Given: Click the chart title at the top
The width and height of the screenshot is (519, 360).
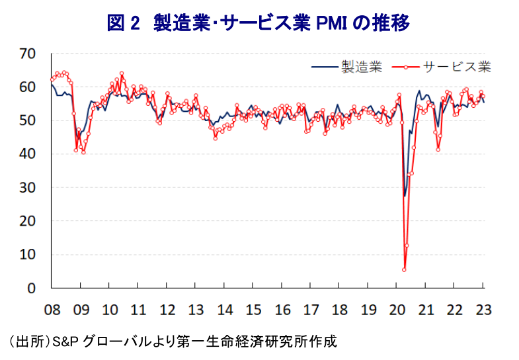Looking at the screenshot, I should coord(259,23).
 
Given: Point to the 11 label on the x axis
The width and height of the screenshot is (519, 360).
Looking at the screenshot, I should coord(138,309).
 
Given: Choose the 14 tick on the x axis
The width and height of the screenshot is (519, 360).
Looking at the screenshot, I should coord(225,309).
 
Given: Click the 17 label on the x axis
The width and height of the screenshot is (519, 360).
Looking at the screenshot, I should coord(311,309).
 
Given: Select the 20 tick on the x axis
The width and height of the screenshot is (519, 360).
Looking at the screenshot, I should coord(397,309).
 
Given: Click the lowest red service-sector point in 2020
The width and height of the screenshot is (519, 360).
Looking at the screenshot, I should coord(404,269).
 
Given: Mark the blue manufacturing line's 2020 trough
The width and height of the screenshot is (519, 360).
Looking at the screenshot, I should coord(405,196).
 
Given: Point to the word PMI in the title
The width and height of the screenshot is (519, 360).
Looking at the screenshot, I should coord(330,23).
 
